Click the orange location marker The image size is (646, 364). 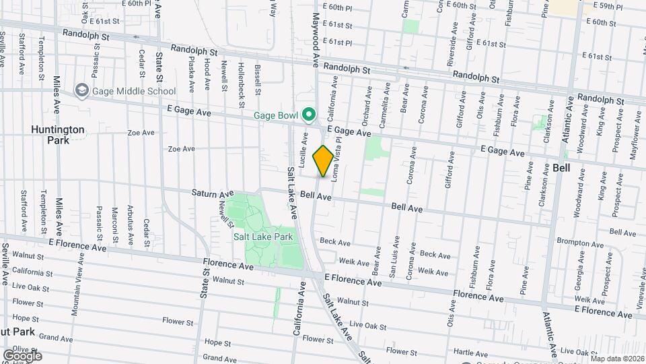(x=323, y=161)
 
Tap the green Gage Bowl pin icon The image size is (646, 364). (x=309, y=115)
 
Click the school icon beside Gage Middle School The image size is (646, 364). (x=81, y=91)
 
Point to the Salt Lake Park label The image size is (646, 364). (x=263, y=237)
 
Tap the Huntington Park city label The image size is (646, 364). (x=58, y=135)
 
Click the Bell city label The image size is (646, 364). (x=561, y=169)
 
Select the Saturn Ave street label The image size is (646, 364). (x=213, y=193)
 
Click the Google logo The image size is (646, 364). (x=22, y=355)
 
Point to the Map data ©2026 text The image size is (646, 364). (x=614, y=359)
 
